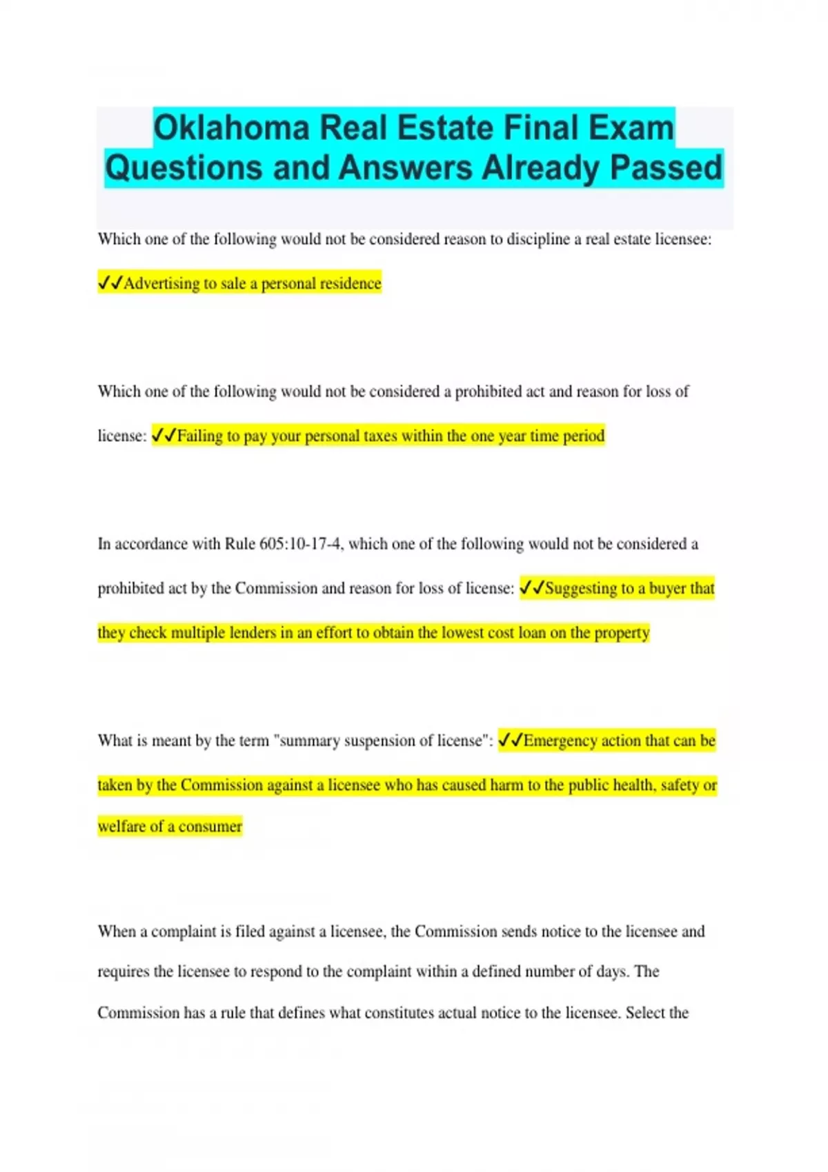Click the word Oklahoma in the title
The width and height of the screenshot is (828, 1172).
[231, 128]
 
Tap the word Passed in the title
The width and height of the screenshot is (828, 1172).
[666, 168]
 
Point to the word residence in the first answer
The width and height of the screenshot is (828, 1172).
[351, 283]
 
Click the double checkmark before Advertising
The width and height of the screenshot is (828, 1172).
[110, 283]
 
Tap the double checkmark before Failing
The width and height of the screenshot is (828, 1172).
[164, 436]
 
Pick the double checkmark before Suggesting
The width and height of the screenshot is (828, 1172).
[532, 588]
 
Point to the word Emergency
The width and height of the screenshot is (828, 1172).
[560, 740]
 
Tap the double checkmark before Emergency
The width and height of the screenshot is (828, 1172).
[511, 740]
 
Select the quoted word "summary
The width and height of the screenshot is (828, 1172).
[306, 740]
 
